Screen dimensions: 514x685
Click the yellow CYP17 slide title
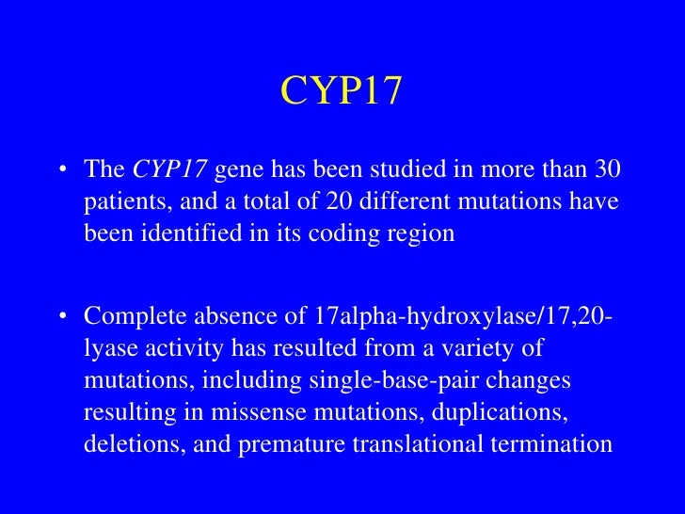pyautogui.click(x=342, y=91)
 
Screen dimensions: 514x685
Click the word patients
pyautogui.click(x=119, y=201)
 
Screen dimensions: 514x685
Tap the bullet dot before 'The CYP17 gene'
pyautogui.click(x=63, y=170)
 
